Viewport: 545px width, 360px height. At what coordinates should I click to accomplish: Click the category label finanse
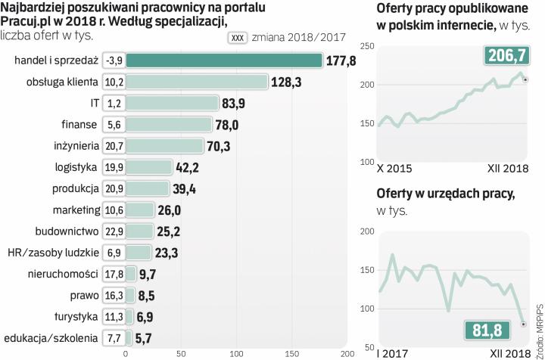coord(78,124)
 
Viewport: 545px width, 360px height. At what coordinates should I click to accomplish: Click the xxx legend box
coord(238,38)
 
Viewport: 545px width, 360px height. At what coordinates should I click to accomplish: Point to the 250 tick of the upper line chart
coord(367,47)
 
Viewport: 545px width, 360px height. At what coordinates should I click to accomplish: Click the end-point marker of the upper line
coord(525,79)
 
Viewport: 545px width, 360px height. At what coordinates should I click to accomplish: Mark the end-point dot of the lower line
coord(524,324)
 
